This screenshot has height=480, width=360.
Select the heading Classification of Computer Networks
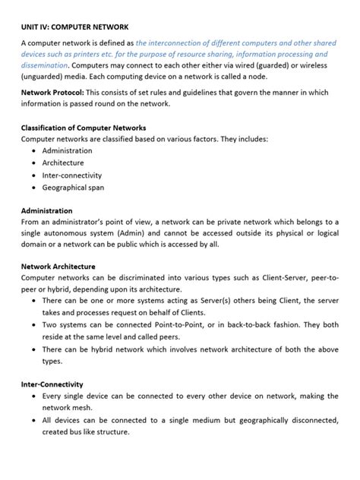83,128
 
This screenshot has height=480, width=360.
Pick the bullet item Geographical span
73,187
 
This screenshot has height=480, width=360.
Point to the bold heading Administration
46,210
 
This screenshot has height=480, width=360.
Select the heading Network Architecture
58,267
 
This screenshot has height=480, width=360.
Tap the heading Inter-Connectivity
52,384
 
